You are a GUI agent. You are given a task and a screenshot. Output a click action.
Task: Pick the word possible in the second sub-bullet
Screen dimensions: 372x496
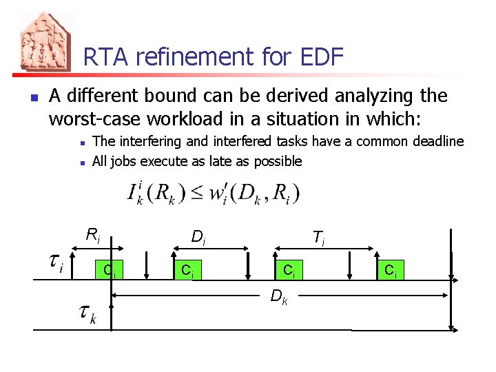tap(278, 162)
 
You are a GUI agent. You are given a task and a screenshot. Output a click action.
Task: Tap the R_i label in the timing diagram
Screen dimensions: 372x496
tap(93, 235)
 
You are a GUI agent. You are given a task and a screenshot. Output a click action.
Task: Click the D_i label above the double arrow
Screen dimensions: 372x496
tap(198, 238)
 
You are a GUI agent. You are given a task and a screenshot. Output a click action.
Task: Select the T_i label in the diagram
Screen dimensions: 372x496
tap(318, 238)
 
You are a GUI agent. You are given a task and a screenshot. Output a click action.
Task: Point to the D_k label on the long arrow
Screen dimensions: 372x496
tap(279, 298)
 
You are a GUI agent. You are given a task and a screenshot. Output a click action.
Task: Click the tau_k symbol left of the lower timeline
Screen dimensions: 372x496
tap(87, 316)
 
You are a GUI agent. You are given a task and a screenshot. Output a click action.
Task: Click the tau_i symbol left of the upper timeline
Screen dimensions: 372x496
tap(57, 262)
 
